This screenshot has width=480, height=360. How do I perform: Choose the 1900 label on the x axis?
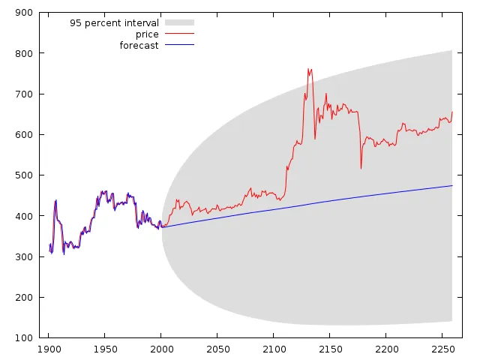[49, 349]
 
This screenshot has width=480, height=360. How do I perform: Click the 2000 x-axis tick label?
[161, 349]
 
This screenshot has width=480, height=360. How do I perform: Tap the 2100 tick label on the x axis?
[274, 349]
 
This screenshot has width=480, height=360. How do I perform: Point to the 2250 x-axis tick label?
[442, 349]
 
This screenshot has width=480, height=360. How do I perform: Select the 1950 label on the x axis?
[105, 349]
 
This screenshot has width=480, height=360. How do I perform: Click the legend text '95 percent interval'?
[114, 23]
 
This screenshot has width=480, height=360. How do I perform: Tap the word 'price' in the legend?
[147, 34]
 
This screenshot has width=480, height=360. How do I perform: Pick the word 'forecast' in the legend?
[139, 46]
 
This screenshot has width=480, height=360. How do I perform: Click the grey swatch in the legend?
[179, 23]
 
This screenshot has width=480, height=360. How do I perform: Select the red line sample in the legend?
[179, 34]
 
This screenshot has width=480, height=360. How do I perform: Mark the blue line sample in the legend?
[179, 46]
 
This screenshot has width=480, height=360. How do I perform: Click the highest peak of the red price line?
[308, 69]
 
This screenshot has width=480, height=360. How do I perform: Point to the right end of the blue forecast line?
[452, 185]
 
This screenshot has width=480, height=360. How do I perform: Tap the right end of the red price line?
[452, 112]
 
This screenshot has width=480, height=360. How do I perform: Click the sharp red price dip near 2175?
[361, 168]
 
